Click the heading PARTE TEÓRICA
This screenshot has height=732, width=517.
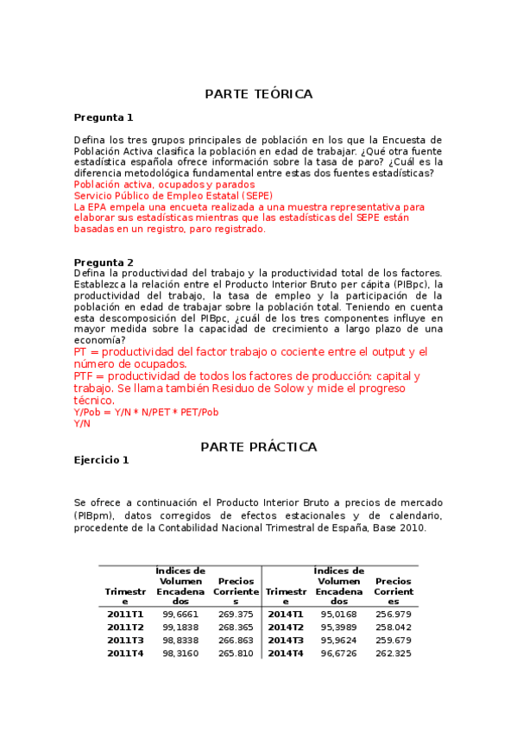pyautogui.click(x=258, y=94)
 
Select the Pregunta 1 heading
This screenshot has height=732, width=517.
pyautogui.click(x=104, y=117)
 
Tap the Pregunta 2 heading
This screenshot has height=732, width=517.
pyautogui.click(x=104, y=262)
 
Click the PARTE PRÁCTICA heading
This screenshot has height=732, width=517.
pyautogui.click(x=258, y=447)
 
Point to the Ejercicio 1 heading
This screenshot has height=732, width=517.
pyautogui.click(x=101, y=460)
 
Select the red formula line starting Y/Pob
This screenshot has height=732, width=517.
pyautogui.click(x=146, y=413)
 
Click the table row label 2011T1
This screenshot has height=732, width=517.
pyautogui.click(x=125, y=614)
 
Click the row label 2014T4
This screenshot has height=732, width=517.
pyautogui.click(x=286, y=653)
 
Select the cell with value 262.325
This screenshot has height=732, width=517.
pyautogui.click(x=394, y=653)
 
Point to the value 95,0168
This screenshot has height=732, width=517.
pyautogui.click(x=339, y=614)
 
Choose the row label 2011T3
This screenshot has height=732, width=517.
pyautogui.click(x=125, y=640)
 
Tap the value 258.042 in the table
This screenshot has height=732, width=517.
pyautogui.click(x=394, y=627)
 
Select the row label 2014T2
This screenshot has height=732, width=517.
pyautogui.click(x=286, y=627)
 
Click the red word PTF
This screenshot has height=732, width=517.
pyautogui.click(x=85, y=376)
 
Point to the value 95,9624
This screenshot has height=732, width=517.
pyautogui.click(x=339, y=640)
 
